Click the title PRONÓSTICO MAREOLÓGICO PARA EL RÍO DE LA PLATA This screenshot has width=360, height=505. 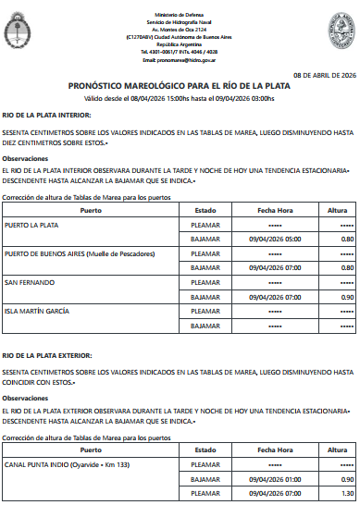180,85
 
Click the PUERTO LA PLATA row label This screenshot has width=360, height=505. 31,225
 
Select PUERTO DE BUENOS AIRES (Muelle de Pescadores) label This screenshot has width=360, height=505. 80,253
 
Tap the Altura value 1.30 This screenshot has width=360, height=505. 347,494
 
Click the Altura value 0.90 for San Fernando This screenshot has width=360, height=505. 347,297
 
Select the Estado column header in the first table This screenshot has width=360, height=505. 205,211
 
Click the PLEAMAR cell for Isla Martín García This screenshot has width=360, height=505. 205,311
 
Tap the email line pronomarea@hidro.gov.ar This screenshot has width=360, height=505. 180,58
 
